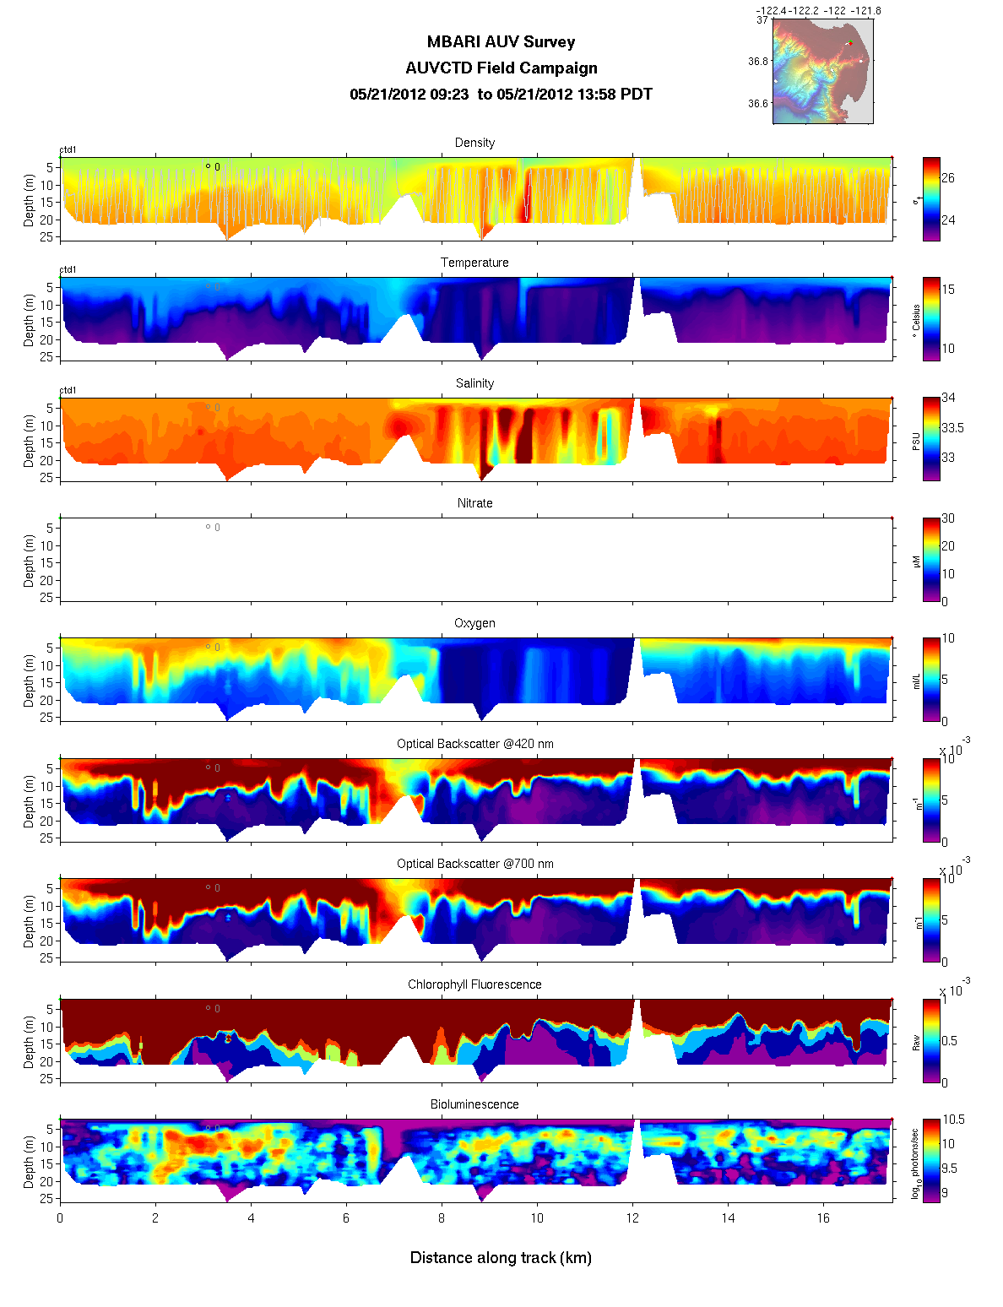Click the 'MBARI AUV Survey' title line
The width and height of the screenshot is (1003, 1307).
click(x=501, y=42)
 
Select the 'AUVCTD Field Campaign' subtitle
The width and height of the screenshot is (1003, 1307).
click(x=501, y=68)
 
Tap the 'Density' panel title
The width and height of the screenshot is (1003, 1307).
click(x=474, y=143)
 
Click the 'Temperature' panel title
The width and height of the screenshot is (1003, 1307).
click(x=474, y=263)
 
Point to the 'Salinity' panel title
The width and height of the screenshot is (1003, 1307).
click(x=474, y=383)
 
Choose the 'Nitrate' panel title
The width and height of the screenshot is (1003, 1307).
click(x=474, y=503)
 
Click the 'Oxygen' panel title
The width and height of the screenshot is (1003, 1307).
click(x=474, y=623)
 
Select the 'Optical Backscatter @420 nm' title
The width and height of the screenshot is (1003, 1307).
click(x=474, y=744)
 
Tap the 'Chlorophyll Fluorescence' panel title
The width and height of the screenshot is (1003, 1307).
click(x=474, y=984)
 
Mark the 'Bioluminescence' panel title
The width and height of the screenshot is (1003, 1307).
click(x=474, y=1104)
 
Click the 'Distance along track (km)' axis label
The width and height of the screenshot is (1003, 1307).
click(x=501, y=1258)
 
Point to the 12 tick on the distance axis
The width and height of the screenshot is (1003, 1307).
click(x=632, y=1218)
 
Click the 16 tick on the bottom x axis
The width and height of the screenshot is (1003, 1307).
click(x=823, y=1218)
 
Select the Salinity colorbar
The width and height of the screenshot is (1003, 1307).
click(x=931, y=439)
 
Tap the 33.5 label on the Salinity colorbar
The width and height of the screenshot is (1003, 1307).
click(x=952, y=428)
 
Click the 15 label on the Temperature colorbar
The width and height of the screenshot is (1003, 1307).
click(x=948, y=290)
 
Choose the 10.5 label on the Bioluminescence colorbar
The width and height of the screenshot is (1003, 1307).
click(x=953, y=1120)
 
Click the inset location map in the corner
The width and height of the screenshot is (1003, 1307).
click(x=822, y=72)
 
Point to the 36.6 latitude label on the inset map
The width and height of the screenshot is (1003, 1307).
click(x=758, y=104)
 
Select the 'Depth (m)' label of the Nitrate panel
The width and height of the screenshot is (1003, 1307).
click(x=30, y=560)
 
